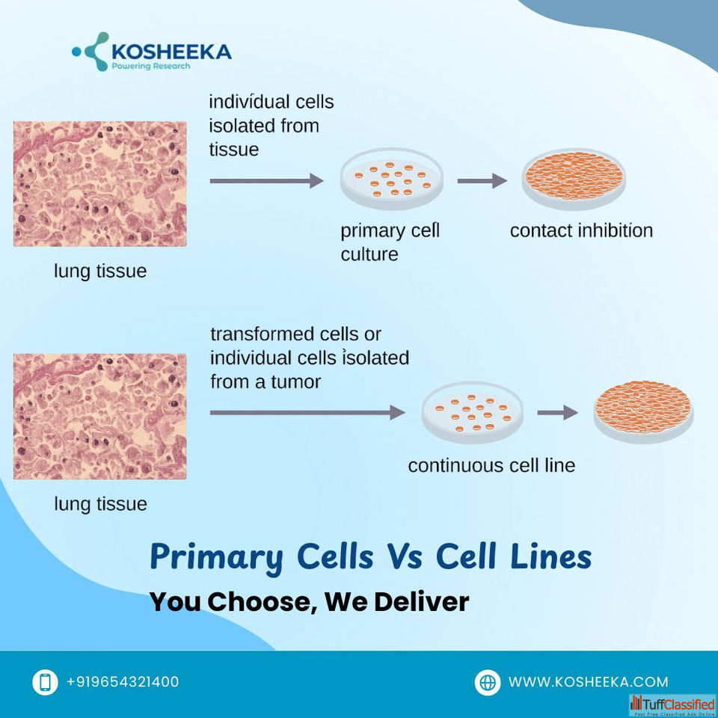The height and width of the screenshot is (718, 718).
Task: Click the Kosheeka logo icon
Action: pos(91,52)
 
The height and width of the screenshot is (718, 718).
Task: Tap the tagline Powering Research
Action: pos(150,67)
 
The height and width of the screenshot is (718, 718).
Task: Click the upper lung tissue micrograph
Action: pos(99,184)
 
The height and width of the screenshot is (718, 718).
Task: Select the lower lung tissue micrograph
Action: pos(99,417)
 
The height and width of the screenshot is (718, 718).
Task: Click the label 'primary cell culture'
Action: pos(390,242)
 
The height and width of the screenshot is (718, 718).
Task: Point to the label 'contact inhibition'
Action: pos(581,230)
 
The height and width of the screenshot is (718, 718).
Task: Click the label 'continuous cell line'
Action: pos(491,465)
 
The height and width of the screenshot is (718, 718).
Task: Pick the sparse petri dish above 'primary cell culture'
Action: pos(392,179)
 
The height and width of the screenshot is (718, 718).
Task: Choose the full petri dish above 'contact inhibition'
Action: pos(574,179)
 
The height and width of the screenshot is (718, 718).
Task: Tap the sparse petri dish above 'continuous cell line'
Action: pos(473,412)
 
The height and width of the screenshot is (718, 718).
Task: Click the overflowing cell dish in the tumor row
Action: pos(643,411)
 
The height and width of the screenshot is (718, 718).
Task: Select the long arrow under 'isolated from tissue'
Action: pos(266,181)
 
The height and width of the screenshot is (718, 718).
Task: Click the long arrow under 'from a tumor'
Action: pos(307,413)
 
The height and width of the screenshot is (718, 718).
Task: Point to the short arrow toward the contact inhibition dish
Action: pos(482,181)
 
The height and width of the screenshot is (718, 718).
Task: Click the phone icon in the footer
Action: pos(45,682)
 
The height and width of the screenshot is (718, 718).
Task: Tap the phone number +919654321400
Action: pos(123,682)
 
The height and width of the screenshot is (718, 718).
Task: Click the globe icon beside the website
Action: pos(487,682)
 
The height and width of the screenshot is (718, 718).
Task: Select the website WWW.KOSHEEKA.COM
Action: pos(589,682)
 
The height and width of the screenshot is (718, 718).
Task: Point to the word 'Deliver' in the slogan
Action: pos(422,601)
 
